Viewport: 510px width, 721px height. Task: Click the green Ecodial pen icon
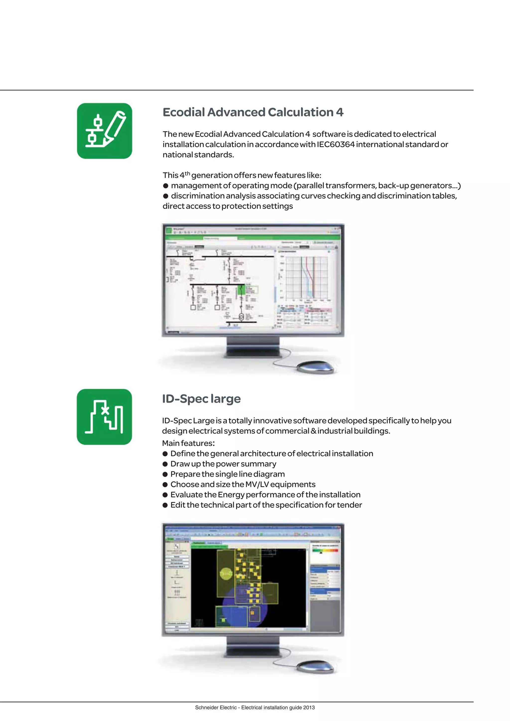click(x=105, y=131)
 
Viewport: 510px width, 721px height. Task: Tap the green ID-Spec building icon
click(x=104, y=417)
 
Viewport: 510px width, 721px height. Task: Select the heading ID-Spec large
click(x=201, y=399)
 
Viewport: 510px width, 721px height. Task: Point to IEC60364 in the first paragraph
click(x=335, y=144)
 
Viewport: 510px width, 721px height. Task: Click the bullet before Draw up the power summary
click(x=165, y=464)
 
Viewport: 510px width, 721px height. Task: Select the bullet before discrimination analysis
click(x=166, y=196)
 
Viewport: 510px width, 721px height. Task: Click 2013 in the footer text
click(x=309, y=708)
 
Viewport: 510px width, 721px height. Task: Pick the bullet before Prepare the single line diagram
click(x=165, y=474)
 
